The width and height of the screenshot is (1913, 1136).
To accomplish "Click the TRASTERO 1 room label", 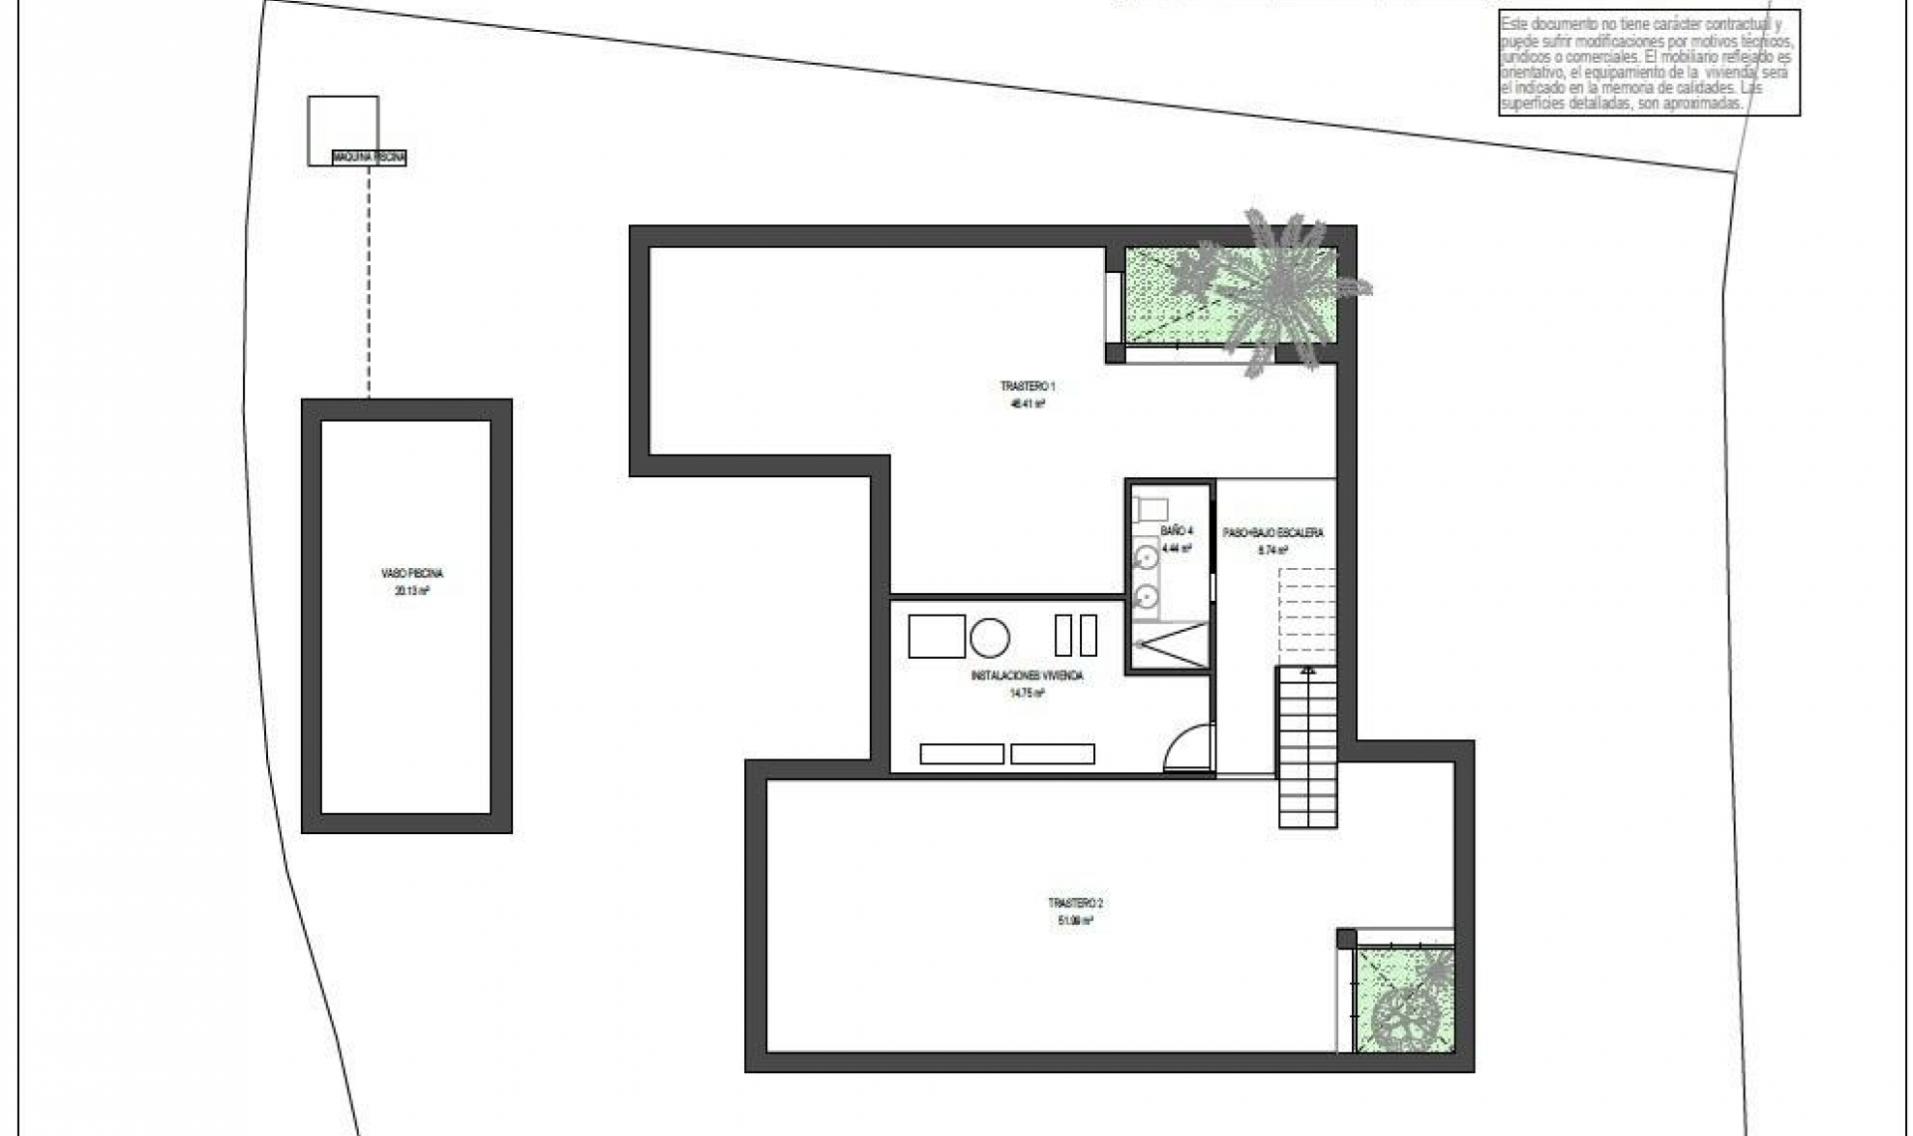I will point(1027,386).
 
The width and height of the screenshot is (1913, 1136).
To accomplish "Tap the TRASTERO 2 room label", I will point(1075,903).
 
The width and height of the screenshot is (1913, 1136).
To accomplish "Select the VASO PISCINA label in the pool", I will point(411,574).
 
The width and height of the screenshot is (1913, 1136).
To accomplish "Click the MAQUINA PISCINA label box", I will point(370,157).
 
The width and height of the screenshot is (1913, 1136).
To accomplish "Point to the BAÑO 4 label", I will point(1177,531).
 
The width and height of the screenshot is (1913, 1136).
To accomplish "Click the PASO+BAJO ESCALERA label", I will point(1273,533).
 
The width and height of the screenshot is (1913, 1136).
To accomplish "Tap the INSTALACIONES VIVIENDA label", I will point(1026,676).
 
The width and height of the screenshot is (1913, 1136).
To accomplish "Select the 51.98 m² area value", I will point(1075,921).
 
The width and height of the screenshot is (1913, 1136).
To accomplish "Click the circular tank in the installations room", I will point(990,637).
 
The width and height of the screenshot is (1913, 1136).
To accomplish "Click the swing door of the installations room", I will point(1190,748).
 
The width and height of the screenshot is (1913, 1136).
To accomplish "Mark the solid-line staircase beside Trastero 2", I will point(1307,747).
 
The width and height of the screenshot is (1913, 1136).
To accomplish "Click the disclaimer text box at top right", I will point(1649,65).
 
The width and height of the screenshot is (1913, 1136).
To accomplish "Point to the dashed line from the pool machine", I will point(369,279).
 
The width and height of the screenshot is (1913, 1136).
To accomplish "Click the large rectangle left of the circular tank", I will point(937,637).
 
